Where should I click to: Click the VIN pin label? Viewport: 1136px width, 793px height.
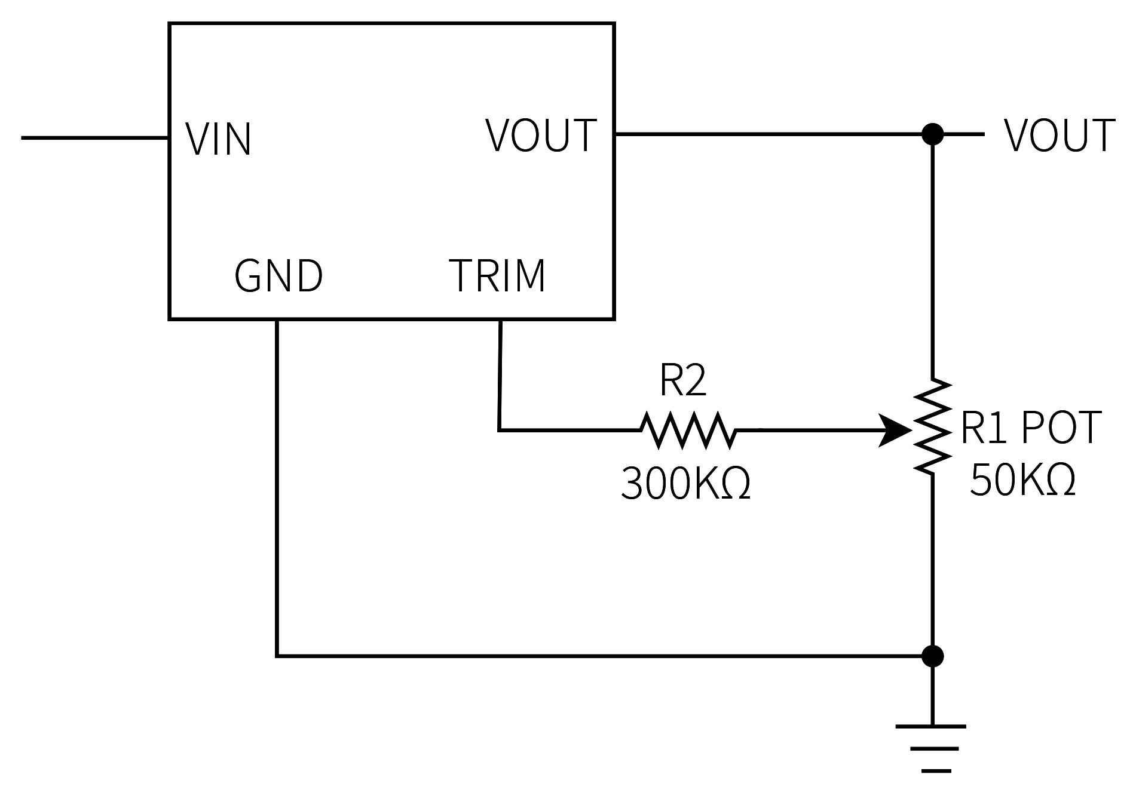click(218, 140)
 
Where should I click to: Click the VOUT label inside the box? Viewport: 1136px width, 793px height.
click(541, 136)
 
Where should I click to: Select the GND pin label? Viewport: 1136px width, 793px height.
click(278, 276)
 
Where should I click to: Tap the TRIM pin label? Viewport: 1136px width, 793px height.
click(497, 276)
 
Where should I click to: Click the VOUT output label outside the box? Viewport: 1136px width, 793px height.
click(1059, 136)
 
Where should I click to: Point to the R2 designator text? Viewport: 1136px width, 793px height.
click(682, 381)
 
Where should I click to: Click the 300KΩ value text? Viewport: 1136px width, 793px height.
click(685, 483)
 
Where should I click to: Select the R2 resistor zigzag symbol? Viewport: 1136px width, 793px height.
click(688, 429)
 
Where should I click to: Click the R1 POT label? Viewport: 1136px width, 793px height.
click(1030, 428)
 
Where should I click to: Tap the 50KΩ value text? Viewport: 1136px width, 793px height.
click(1022, 480)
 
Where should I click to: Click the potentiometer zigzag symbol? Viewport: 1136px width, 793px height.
click(932, 426)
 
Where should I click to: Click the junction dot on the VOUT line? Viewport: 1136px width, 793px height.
click(932, 134)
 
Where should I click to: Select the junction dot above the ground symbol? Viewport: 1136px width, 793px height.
click(932, 656)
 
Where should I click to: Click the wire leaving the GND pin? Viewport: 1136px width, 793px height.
click(277, 490)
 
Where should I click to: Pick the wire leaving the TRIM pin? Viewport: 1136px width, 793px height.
click(500, 376)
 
